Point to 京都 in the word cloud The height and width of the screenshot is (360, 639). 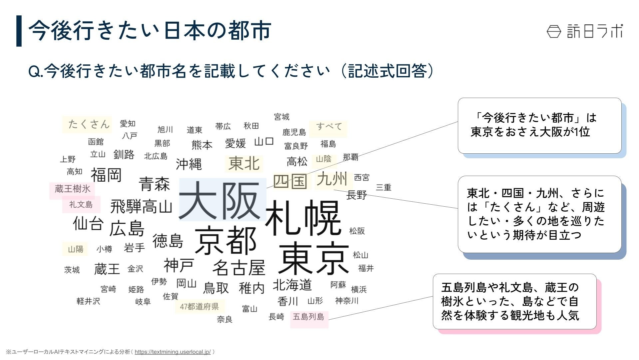coord(225,240)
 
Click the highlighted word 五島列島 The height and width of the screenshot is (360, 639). coord(309,317)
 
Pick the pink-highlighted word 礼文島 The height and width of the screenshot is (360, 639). coord(81,204)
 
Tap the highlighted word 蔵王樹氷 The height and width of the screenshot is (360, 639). coord(72,189)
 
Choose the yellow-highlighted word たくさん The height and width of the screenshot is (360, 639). coord(89,124)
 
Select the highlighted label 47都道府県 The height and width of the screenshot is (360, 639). coord(199,307)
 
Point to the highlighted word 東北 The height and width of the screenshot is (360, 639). coord(244,164)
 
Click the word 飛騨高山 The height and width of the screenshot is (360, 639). coord(141,207)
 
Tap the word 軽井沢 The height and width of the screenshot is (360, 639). coord(88,301)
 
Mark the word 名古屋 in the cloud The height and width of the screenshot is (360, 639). coord(239,268)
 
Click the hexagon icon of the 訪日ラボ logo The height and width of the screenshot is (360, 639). coord(554,31)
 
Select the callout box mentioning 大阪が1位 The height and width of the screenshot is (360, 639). coord(539,126)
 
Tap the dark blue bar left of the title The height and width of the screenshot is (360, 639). coord(19,31)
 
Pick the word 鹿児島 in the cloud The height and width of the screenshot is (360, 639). coord(294,132)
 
